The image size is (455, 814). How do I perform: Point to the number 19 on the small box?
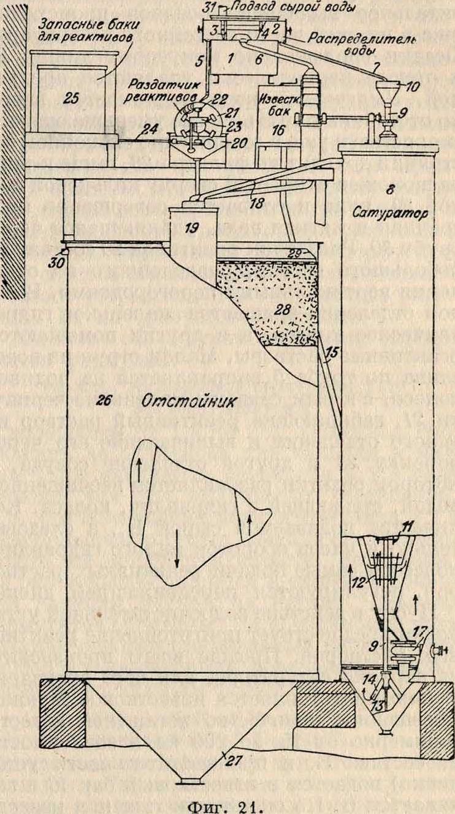[193, 228]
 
